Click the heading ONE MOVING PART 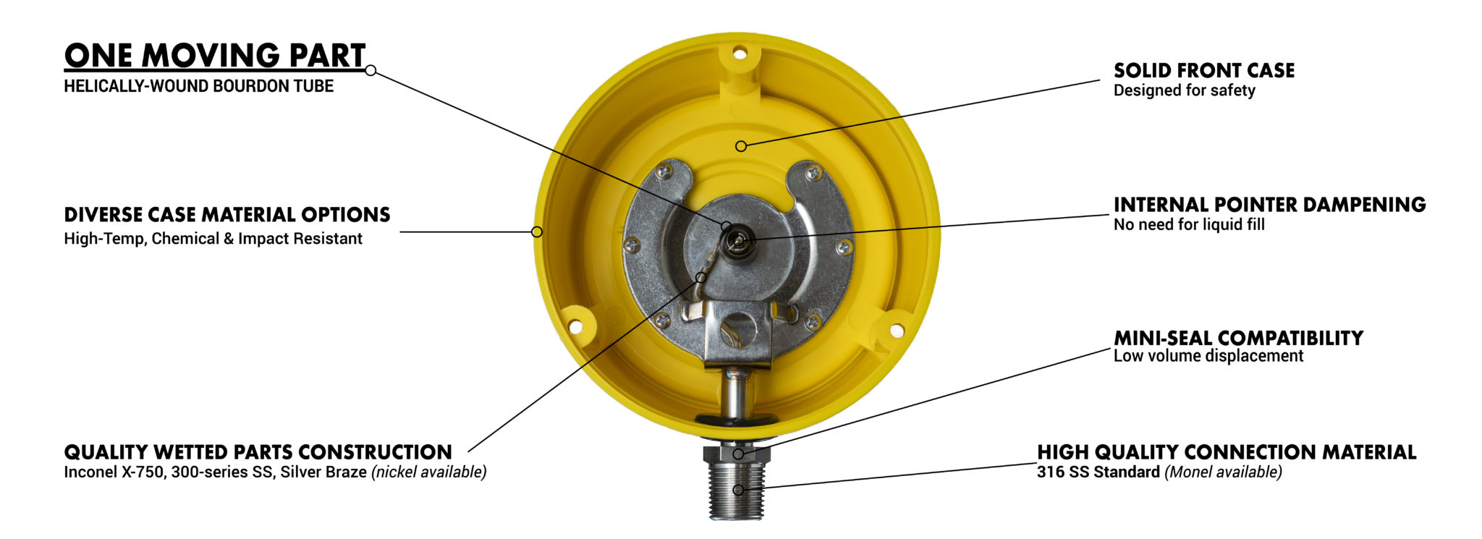pos(215,55)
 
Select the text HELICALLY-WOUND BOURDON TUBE pos(198,86)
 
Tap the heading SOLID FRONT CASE pos(1203,70)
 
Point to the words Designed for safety pos(1184,90)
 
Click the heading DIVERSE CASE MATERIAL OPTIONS pos(226,215)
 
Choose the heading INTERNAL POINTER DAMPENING pos(1269,205)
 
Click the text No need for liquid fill pos(1189,225)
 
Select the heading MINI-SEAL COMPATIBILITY pos(1237,338)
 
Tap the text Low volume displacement pos(1208,356)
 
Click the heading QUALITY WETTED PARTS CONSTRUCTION pos(258,452)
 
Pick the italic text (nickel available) pos(428,472)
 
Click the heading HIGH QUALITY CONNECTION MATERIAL pos(1226,452)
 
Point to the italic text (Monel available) pos(1223,472)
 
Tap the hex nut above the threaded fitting pos(737,454)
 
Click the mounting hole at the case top pos(739,53)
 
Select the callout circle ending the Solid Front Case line pos(741,146)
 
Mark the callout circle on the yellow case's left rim pos(537,232)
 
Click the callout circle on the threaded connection pos(737,490)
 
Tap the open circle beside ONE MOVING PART pos(370,70)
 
